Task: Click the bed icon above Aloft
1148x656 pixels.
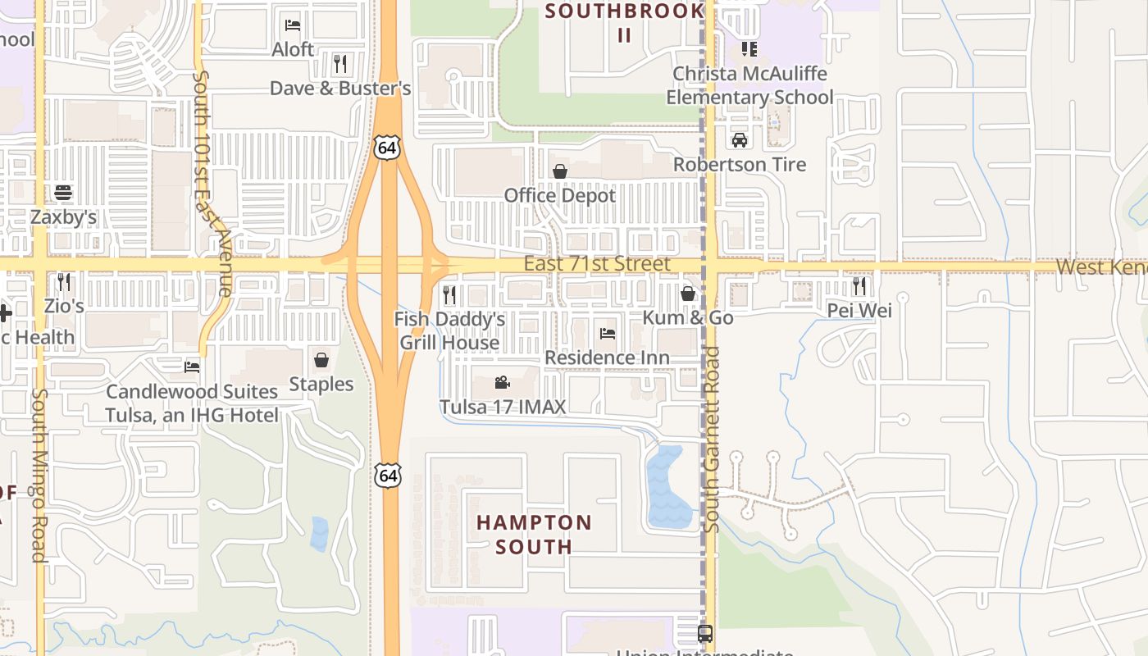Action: (x=292, y=25)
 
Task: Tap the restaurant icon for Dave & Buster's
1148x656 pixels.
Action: (x=340, y=63)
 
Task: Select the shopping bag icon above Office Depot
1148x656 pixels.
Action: (x=560, y=171)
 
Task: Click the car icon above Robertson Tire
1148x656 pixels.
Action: (x=740, y=139)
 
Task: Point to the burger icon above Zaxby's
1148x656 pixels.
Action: (x=63, y=193)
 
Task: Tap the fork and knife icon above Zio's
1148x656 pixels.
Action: (x=63, y=282)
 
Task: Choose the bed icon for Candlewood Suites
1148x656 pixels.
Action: (x=192, y=367)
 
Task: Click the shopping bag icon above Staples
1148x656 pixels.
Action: (x=321, y=360)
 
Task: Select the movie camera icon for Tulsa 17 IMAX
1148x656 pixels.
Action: (x=503, y=383)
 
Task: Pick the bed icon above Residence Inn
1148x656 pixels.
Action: (x=607, y=334)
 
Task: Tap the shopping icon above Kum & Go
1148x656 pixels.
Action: (x=688, y=293)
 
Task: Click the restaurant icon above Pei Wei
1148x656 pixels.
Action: (x=859, y=286)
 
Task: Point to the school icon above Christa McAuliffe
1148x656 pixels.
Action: (x=749, y=49)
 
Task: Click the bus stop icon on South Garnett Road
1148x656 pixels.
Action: (x=704, y=634)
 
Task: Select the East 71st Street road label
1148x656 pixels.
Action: (x=597, y=264)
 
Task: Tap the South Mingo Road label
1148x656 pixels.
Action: (x=38, y=476)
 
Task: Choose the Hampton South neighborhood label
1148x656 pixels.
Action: (x=534, y=534)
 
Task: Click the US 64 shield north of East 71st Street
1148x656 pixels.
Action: (x=388, y=147)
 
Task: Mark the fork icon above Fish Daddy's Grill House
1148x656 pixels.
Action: (x=449, y=294)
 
